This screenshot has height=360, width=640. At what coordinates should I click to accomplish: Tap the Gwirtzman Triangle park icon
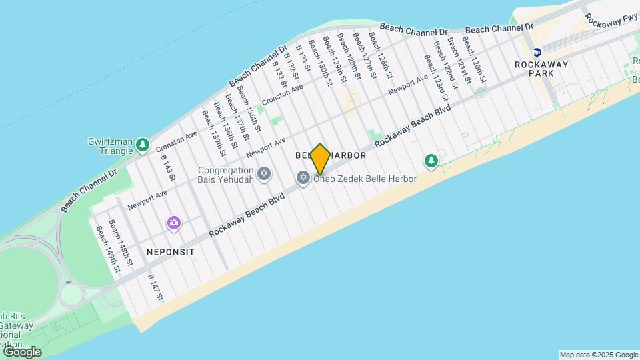point(142,145)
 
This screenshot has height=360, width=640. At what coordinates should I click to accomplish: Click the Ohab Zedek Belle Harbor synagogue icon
point(303,178)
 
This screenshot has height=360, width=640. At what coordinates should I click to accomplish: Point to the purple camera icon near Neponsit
point(174,223)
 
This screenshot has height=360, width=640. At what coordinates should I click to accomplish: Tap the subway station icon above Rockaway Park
point(537,52)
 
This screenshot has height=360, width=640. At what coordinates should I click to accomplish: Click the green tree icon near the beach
point(432,161)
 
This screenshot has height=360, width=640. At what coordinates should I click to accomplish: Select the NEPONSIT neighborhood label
point(168,253)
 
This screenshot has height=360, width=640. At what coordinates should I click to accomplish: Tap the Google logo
point(22,351)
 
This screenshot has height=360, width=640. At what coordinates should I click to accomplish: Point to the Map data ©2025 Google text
point(599,355)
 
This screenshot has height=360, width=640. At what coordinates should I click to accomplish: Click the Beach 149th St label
point(107,249)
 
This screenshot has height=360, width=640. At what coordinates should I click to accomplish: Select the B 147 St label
point(155,287)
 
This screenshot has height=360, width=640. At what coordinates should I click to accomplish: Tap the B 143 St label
point(167,167)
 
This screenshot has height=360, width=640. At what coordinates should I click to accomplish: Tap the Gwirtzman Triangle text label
point(110,146)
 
